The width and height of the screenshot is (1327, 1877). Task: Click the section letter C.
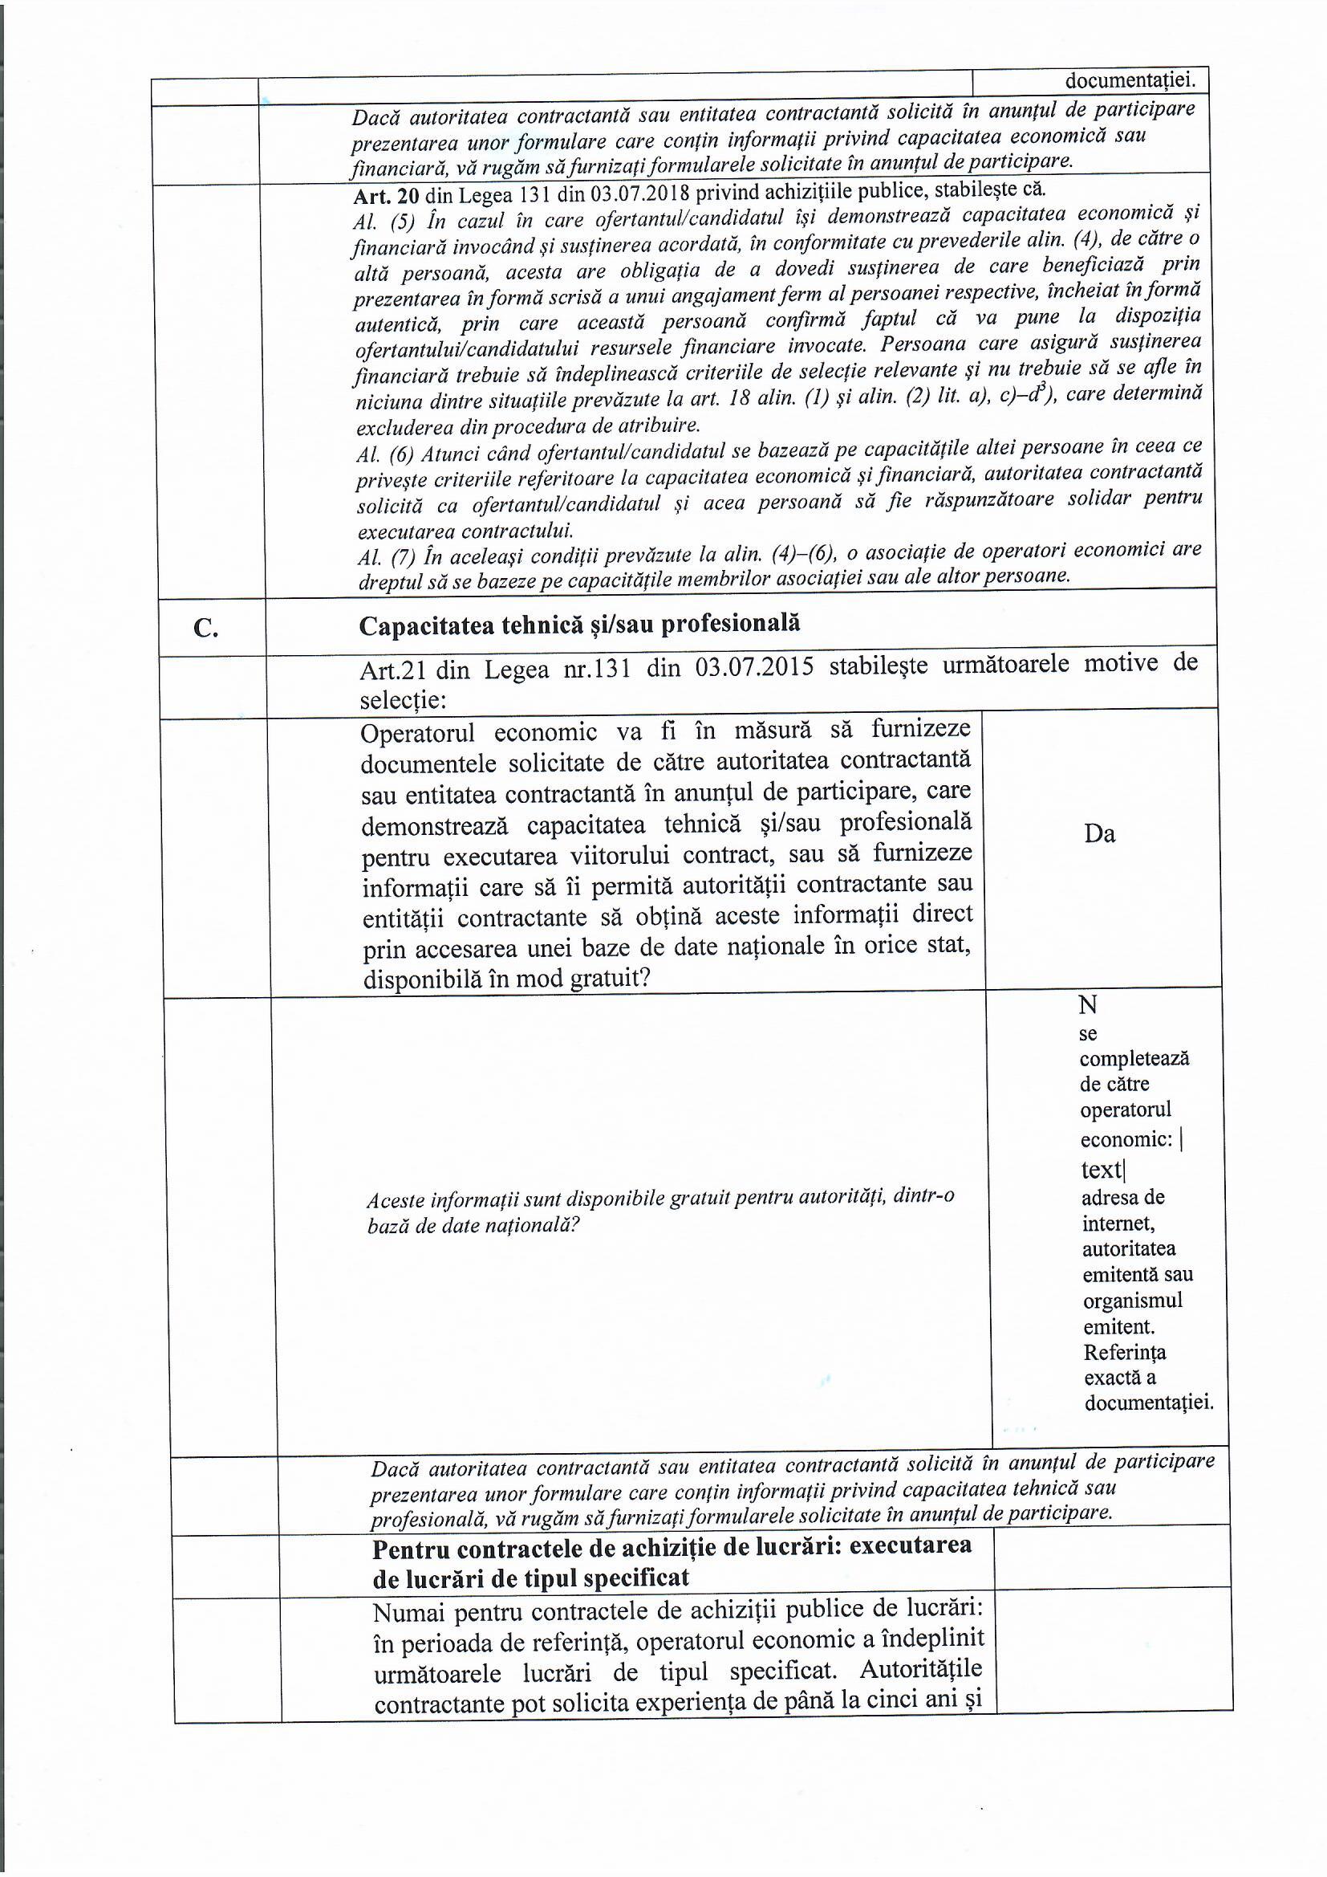pos(206,628)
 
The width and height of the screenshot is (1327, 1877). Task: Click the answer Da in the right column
pos(1099,834)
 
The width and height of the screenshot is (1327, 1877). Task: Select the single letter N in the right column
pos(1088,1004)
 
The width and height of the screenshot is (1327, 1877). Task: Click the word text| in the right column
pos(1102,1170)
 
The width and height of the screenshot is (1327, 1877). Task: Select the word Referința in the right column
pos(1124,1352)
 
